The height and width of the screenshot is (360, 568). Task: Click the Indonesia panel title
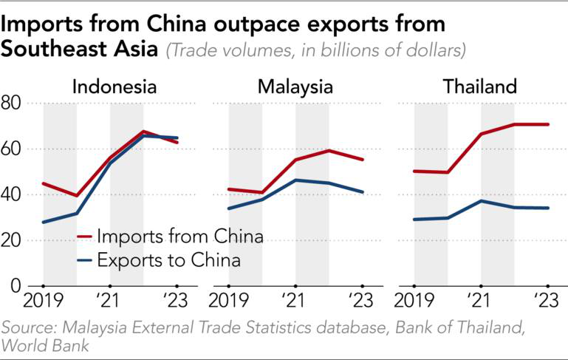(x=114, y=86)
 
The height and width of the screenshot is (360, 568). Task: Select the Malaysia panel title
(x=295, y=86)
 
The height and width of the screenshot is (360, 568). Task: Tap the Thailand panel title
(x=480, y=86)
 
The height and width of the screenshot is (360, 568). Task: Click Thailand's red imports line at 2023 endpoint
(x=548, y=124)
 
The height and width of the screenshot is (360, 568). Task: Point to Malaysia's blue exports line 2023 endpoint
(x=363, y=192)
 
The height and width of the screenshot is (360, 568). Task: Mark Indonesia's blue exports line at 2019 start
(x=44, y=222)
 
